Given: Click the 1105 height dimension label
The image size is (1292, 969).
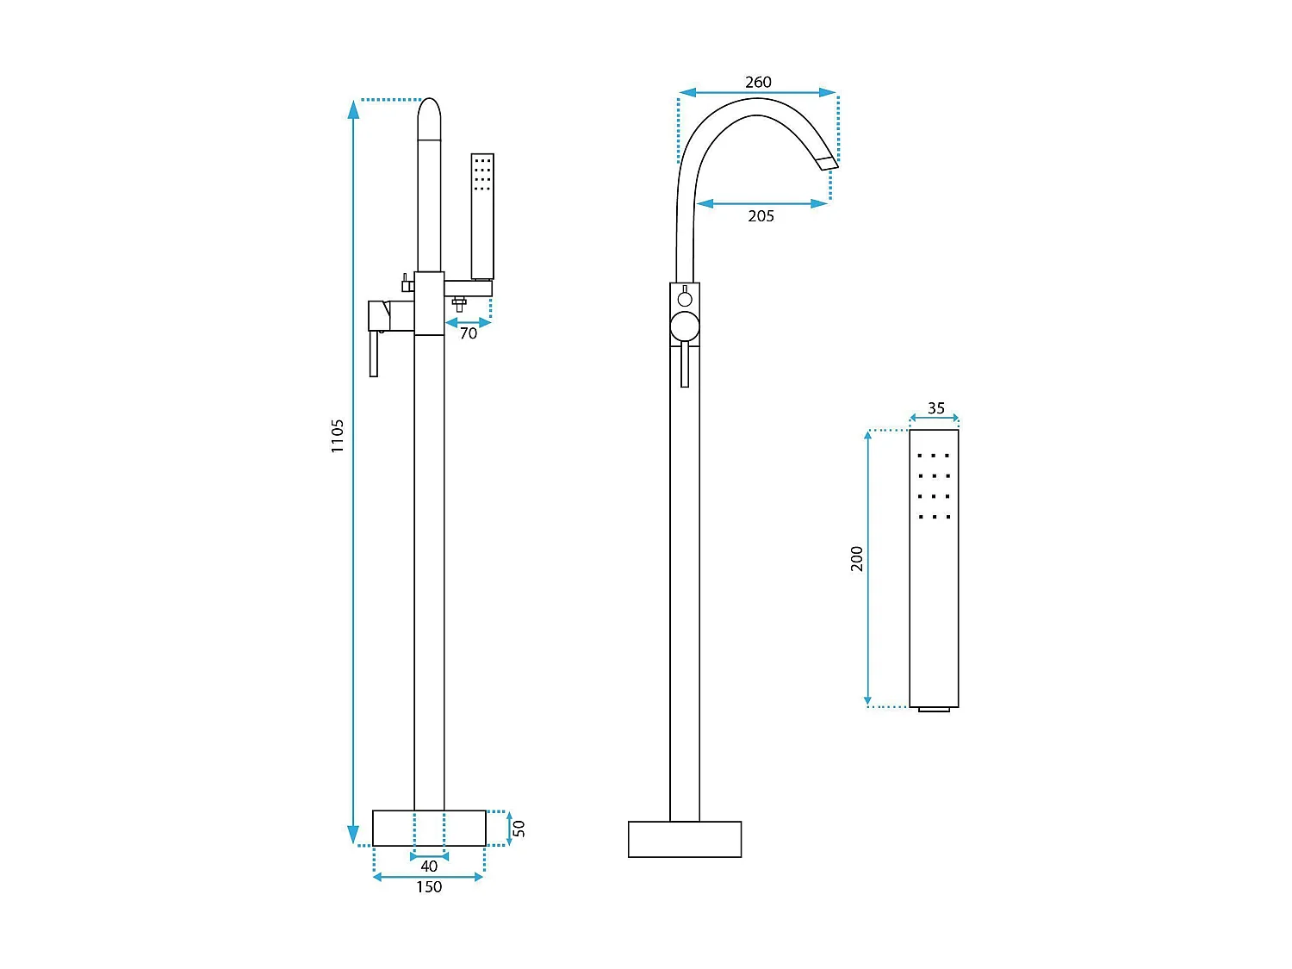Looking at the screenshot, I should pyautogui.click(x=338, y=436).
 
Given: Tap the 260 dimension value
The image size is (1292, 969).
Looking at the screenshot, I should pyautogui.click(x=758, y=82).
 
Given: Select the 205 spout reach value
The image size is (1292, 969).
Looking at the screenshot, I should pyautogui.click(x=761, y=216).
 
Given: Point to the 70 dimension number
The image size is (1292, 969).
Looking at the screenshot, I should pyautogui.click(x=468, y=333).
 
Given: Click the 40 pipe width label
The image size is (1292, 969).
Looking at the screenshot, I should pyautogui.click(x=429, y=867).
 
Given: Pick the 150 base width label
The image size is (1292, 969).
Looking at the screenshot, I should pyautogui.click(x=429, y=887).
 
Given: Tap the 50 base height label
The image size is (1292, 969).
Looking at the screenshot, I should pyautogui.click(x=519, y=829).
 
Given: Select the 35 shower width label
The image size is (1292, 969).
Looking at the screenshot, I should pyautogui.click(x=936, y=408).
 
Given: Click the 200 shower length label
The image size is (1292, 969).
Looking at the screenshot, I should pyautogui.click(x=857, y=558).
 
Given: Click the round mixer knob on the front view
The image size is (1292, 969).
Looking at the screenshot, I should pyautogui.click(x=685, y=327).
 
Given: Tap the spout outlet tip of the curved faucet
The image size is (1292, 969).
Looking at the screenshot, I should pyautogui.click(x=827, y=164).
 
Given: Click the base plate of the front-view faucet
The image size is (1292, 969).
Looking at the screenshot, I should pyautogui.click(x=685, y=839).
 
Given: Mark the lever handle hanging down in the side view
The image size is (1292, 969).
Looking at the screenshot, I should pyautogui.click(x=374, y=355).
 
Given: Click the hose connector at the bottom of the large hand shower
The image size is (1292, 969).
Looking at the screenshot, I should pyautogui.click(x=934, y=710).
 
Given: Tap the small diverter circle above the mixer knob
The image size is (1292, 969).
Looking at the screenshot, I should pyautogui.click(x=685, y=300).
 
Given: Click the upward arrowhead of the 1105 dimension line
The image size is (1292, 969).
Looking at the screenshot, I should pyautogui.click(x=353, y=109).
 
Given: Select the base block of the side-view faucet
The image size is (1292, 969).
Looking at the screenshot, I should pyautogui.click(x=429, y=829).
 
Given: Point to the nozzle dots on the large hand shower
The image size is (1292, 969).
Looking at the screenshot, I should pyautogui.click(x=934, y=486).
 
